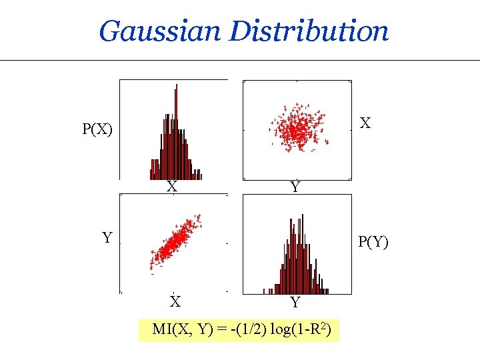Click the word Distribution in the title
[309, 31]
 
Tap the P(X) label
[97, 129]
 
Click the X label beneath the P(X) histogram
[172, 187]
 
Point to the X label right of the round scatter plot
[365, 123]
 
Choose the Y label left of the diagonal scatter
[107, 237]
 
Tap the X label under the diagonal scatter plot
[175, 302]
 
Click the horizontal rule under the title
[240, 61]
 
